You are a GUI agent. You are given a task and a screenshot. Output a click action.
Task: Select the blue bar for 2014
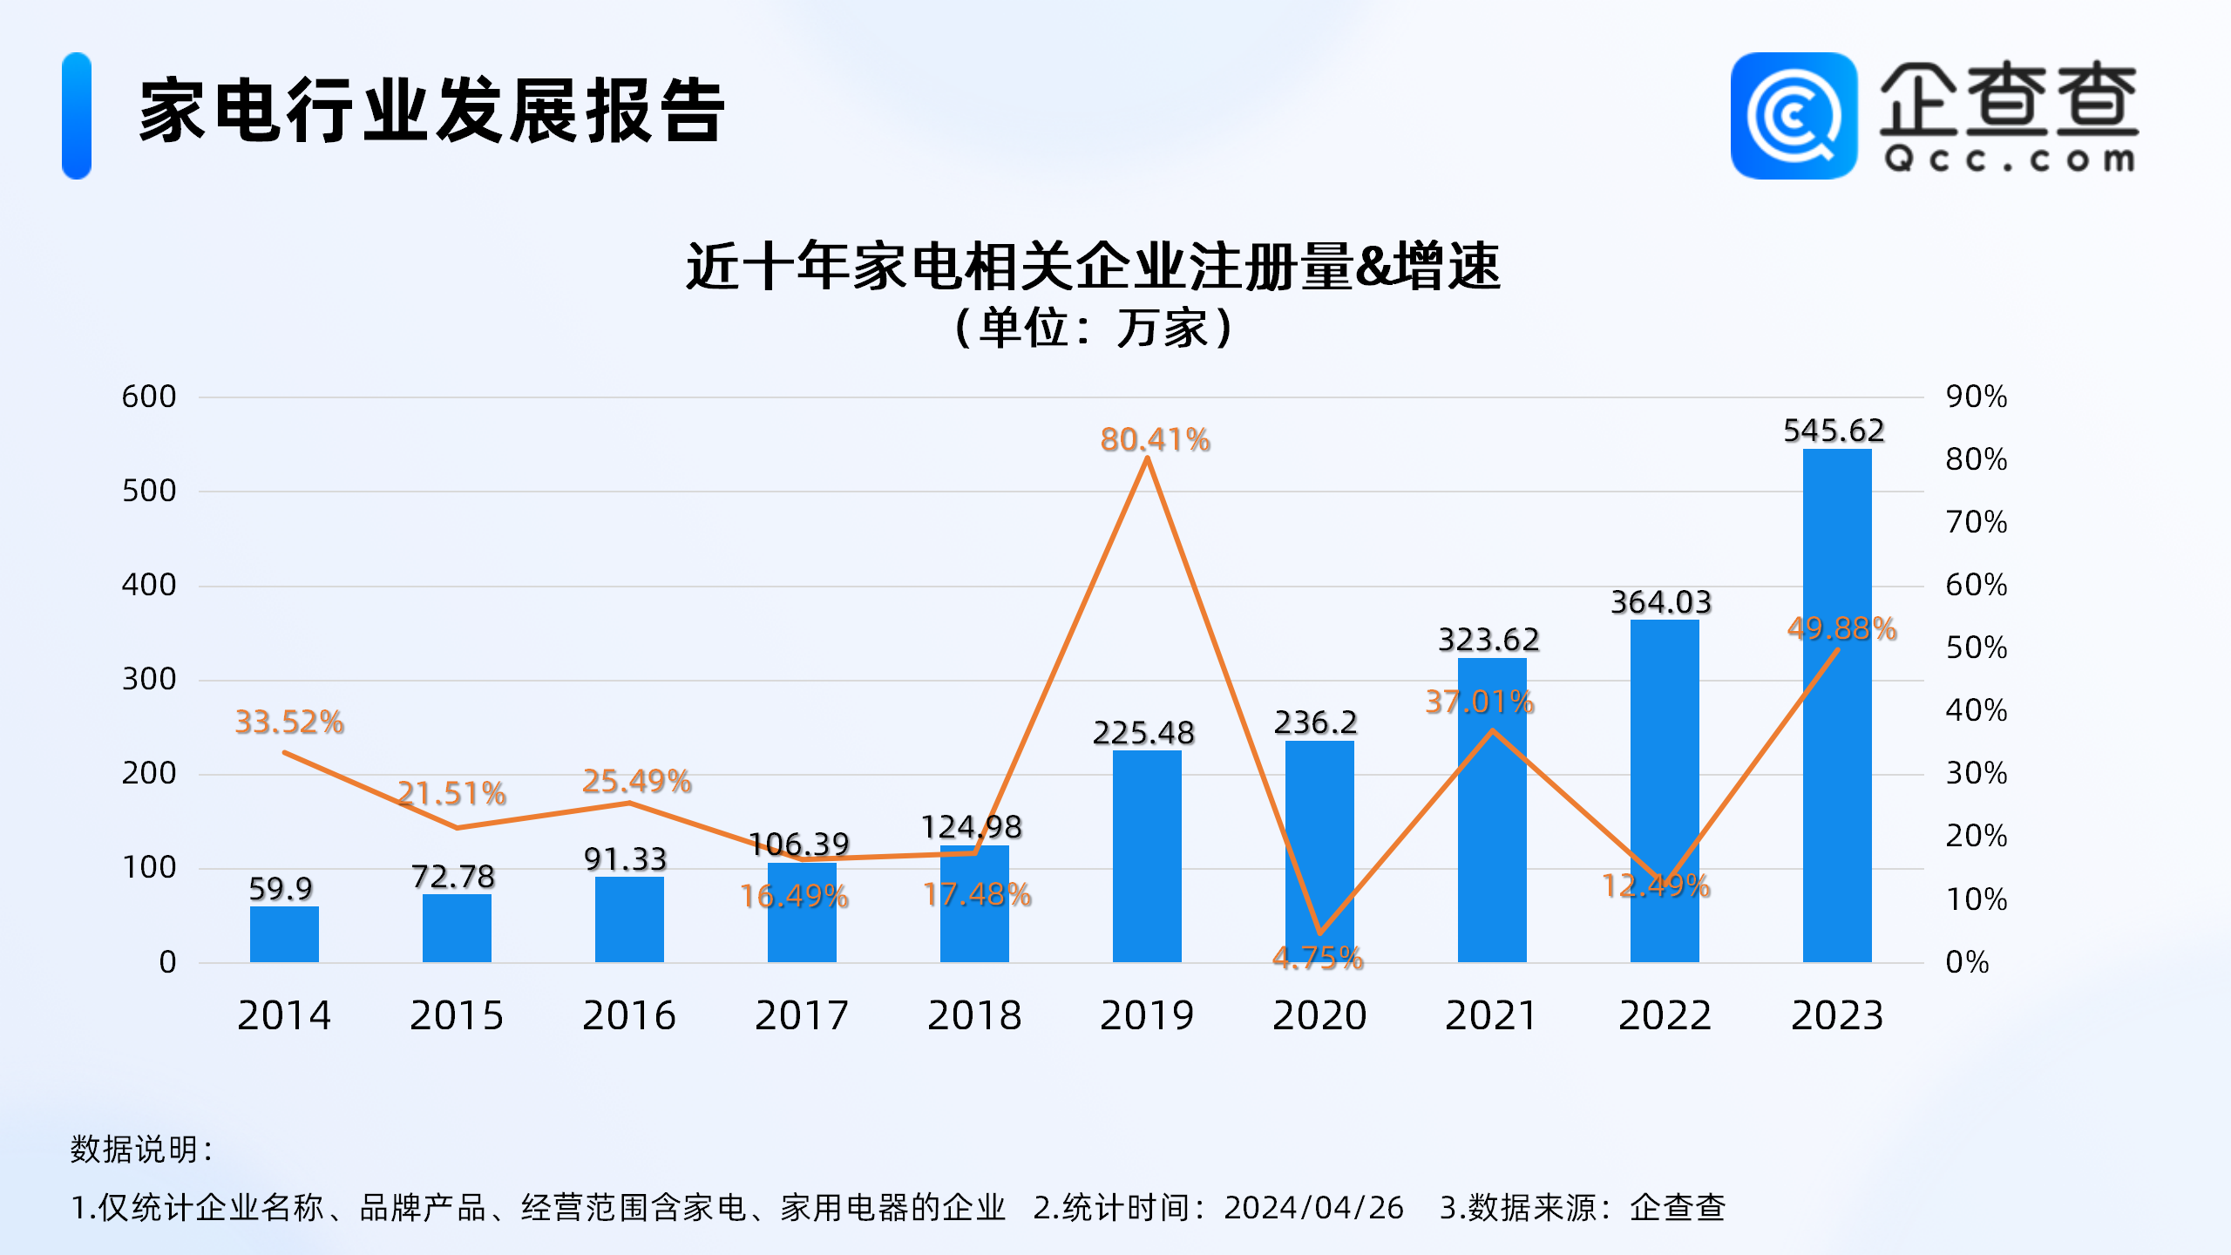coord(284,934)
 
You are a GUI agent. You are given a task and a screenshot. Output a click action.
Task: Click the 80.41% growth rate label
coord(1155,439)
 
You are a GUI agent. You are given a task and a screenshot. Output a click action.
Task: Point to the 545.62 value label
coord(1834,430)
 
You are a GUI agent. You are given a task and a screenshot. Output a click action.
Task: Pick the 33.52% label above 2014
coord(289,722)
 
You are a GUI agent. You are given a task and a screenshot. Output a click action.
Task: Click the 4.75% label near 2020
coord(1318,958)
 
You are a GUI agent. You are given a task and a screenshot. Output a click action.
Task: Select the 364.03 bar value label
coord(1661,601)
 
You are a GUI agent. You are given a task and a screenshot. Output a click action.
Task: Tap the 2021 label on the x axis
coord(1491,1015)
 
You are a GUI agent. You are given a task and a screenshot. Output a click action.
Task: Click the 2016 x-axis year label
coord(628,1015)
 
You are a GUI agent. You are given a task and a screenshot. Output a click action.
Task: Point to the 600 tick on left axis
coord(149,397)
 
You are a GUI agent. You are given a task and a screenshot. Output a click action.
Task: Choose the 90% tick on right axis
coord(1976,397)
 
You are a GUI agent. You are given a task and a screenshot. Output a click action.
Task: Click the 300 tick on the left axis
coord(149,679)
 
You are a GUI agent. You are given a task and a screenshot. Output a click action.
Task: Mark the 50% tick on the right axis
coord(1976,648)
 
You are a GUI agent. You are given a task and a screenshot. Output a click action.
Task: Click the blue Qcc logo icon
coord(1794,116)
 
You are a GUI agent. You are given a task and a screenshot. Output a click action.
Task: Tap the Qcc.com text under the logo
coord(2009,159)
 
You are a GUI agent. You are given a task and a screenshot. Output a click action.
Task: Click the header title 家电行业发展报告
coord(432,111)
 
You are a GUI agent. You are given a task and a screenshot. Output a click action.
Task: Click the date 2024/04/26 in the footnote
coord(1313,1207)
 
